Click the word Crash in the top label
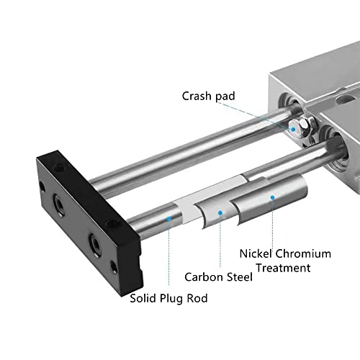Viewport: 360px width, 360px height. (x=197, y=96)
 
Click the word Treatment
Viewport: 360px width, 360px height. (x=286, y=268)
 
